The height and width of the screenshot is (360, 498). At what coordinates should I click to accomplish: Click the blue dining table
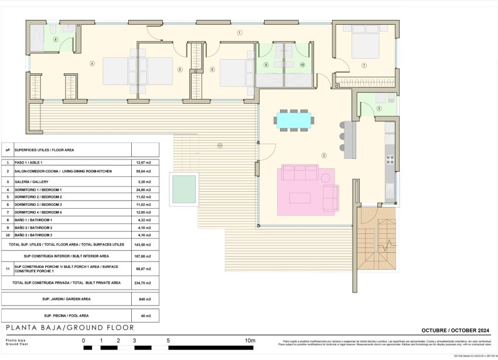click(x=294, y=120)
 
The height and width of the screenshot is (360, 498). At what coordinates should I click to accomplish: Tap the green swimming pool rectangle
click(x=183, y=189)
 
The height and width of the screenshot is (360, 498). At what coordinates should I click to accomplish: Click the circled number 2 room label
click(x=323, y=155)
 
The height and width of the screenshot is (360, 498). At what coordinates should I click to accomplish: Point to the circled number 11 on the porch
click(x=220, y=145)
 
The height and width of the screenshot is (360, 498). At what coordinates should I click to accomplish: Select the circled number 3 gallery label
click(x=379, y=108)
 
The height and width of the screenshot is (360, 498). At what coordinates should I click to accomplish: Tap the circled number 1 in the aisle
click(x=240, y=33)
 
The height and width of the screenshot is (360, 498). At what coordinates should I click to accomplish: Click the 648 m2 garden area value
click(x=145, y=299)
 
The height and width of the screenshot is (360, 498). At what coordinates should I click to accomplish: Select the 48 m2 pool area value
click(x=145, y=316)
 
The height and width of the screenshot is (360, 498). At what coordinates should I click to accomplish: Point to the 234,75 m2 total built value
click(x=144, y=283)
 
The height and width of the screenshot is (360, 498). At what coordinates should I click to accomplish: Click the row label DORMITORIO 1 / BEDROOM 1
click(x=38, y=190)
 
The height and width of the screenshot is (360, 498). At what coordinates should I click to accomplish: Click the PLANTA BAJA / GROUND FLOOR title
click(x=70, y=328)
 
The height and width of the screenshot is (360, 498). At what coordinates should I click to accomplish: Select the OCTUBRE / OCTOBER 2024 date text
click(x=456, y=331)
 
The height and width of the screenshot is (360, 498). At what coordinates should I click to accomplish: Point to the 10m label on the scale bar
click(x=250, y=341)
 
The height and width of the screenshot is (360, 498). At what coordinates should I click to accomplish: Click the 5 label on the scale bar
click(x=168, y=341)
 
